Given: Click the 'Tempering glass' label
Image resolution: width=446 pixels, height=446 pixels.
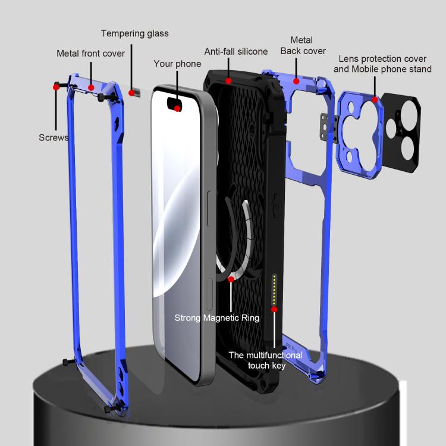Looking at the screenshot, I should [x=134, y=33].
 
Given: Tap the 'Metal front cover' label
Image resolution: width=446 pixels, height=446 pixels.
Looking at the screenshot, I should [x=90, y=54].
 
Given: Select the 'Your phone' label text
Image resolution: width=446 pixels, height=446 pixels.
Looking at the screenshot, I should [x=177, y=64].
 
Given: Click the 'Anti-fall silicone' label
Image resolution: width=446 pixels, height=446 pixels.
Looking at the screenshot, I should [x=236, y=52].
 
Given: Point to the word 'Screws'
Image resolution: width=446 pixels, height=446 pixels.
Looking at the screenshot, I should [x=54, y=137].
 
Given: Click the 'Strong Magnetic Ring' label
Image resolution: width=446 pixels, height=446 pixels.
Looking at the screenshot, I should [x=216, y=318].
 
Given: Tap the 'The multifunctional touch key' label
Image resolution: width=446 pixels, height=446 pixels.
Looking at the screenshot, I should [x=266, y=360].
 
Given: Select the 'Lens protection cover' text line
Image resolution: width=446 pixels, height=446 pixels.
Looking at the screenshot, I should [x=382, y=59].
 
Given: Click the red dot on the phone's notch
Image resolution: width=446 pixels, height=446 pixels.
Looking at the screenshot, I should [x=177, y=108].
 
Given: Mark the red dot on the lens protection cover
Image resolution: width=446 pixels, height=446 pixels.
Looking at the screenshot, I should [x=375, y=99].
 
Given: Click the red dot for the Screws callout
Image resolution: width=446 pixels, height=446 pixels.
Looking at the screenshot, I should [x=56, y=87].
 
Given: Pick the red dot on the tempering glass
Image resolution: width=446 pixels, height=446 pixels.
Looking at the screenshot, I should [x=131, y=93].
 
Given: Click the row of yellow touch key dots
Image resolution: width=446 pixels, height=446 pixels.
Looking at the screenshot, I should [x=274, y=288].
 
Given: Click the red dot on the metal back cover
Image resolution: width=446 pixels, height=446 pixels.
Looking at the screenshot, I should [x=296, y=80].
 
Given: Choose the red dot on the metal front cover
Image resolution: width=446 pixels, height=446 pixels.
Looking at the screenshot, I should [x=91, y=87].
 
